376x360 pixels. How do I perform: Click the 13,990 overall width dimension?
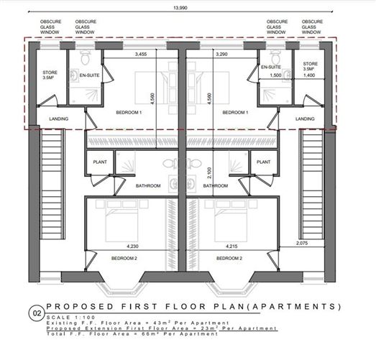point(176,9)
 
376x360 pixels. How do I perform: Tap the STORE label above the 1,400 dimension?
point(310,64)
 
